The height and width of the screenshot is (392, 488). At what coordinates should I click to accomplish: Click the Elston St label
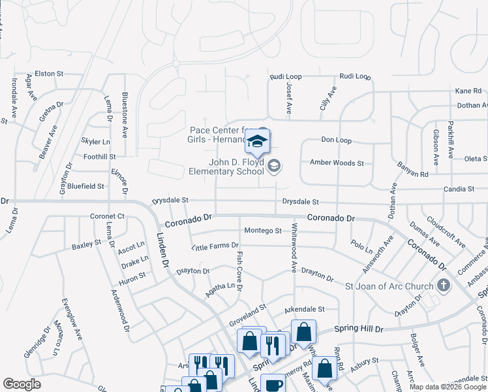(x=48, y=74)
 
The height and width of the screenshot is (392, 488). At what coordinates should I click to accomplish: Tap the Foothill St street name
(x=100, y=157)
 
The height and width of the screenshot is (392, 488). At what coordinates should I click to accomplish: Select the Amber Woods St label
(x=337, y=162)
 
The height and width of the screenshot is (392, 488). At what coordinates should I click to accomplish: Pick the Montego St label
(x=262, y=231)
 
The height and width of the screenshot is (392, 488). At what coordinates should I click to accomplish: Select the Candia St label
(x=459, y=189)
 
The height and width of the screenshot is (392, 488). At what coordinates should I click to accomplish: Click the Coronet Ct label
(x=107, y=216)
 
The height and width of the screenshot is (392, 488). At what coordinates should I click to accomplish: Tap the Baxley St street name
(x=87, y=245)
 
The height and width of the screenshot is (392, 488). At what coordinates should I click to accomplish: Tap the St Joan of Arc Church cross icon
(x=444, y=286)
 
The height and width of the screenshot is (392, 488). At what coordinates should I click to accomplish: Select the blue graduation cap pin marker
(x=258, y=140)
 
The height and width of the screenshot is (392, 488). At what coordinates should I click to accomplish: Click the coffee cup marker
(x=273, y=384)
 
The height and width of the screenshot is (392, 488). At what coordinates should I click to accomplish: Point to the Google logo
(x=22, y=384)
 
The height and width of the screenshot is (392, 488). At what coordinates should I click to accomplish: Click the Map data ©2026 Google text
(x=447, y=387)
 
